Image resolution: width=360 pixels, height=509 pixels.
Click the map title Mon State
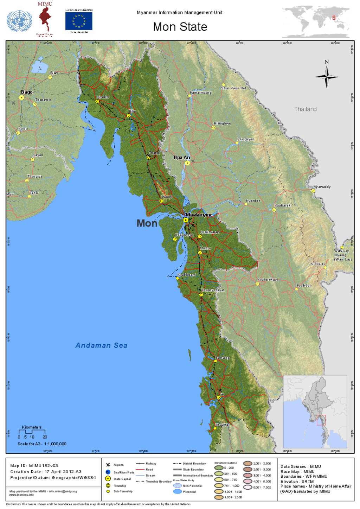pyautogui.click(x=180, y=27)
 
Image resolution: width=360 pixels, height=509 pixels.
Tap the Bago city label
pyautogui.click(x=27, y=92)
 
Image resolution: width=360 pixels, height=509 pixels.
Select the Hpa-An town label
pyautogui.click(x=181, y=158)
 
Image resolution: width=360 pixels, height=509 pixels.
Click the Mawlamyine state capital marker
pyautogui.click(x=186, y=220)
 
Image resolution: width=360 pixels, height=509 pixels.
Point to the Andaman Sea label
pyautogui.click(x=101, y=345)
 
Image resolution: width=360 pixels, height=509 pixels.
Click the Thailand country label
pyautogui.click(x=306, y=109)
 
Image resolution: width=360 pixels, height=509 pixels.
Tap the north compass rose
pyautogui.click(x=326, y=76)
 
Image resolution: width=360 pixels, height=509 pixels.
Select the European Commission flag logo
pyautogui.click(x=79, y=21)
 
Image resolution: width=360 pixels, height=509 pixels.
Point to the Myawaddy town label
pyautogui.click(x=322, y=187)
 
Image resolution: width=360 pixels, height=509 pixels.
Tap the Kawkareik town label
pyautogui.click(x=283, y=205)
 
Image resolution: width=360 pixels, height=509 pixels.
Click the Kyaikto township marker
pyautogui.click(x=97, y=101)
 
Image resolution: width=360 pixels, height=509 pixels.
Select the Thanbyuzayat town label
pyautogui.click(x=213, y=290)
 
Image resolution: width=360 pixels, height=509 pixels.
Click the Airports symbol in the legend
pyautogui.click(x=108, y=465)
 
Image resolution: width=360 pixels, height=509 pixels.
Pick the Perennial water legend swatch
pyautogui.click(x=178, y=491)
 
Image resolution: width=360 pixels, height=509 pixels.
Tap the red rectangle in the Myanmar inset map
pyautogui.click(x=321, y=420)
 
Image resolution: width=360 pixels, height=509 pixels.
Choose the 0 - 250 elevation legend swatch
pyautogui.click(x=219, y=468)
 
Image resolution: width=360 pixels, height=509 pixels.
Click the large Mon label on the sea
pyautogui.click(x=147, y=223)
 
